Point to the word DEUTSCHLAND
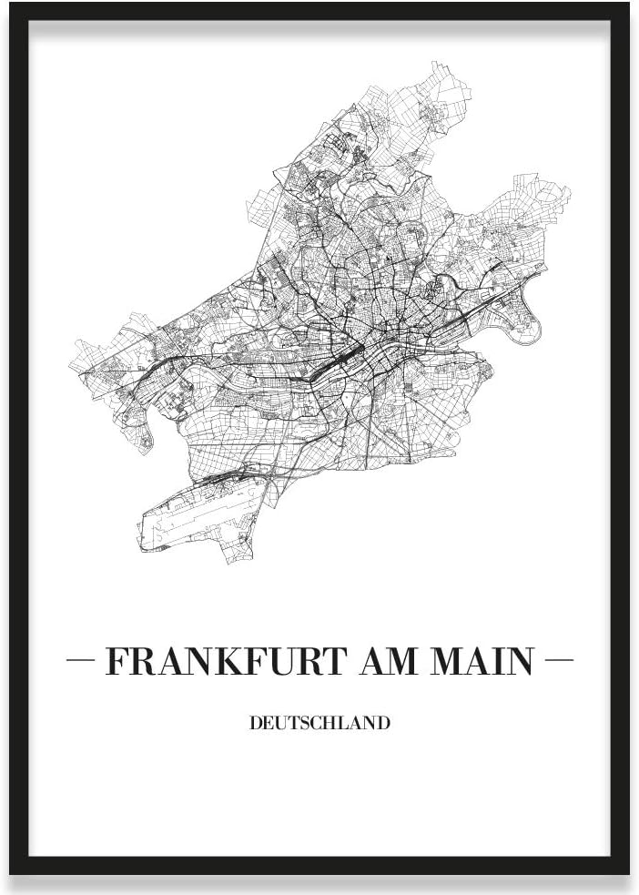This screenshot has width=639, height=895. tap(319, 724)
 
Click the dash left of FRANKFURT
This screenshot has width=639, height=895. tap(83, 658)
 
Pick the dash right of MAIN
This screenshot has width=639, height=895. tap(556, 658)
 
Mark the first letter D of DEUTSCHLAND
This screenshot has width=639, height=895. tap(254, 724)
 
